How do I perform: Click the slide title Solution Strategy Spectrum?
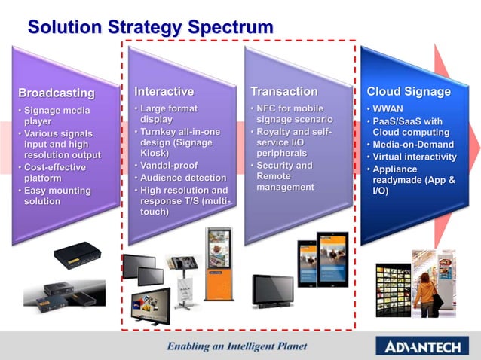(150, 28)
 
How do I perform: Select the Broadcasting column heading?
(57, 93)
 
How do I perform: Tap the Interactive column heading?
(164, 91)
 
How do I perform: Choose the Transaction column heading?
(283, 91)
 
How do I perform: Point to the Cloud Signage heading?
(409, 91)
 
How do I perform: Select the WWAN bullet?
(389, 109)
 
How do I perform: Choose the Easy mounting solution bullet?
(57, 196)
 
